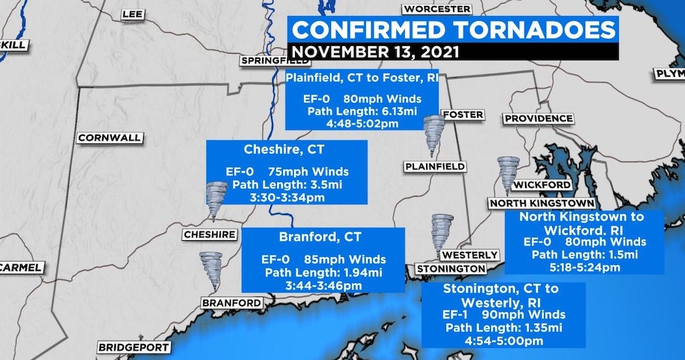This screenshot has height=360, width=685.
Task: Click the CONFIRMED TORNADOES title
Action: [x=454, y=30]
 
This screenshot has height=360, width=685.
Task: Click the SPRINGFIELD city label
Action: [x=276, y=61]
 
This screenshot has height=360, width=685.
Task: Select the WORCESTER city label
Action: [x=437, y=9]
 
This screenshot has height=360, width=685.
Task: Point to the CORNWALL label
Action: [x=110, y=138]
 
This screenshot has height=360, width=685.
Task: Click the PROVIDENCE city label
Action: [x=539, y=118]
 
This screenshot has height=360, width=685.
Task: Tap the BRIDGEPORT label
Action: [x=134, y=347]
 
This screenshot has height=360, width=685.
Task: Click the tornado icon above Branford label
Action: [x=211, y=270]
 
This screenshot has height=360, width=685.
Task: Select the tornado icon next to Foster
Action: [x=433, y=135]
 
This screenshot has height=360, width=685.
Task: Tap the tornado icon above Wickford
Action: [x=508, y=175]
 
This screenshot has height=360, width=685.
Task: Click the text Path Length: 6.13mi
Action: [x=362, y=110]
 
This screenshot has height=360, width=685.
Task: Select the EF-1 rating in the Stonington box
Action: [x=456, y=314]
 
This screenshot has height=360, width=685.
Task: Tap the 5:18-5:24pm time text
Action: [x=584, y=267]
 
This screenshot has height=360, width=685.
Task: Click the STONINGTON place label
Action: [x=450, y=268]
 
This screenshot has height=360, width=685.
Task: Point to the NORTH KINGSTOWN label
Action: [x=541, y=203]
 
